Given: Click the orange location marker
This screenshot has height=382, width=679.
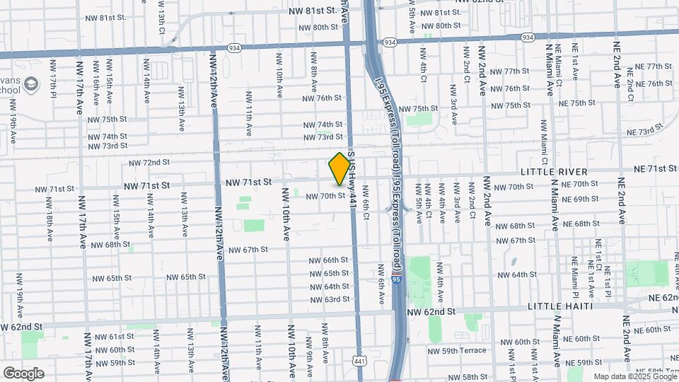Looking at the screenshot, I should coord(340,169).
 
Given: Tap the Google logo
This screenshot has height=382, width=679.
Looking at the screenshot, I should coord(23,373).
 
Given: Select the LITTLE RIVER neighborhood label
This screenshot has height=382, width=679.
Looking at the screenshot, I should coord(554,172).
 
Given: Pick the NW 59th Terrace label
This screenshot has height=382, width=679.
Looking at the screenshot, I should coord(457,350).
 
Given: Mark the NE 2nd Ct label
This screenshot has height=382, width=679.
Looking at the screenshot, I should coord(629,78).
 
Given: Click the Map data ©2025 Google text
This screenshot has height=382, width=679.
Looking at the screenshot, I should coord(634,377).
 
